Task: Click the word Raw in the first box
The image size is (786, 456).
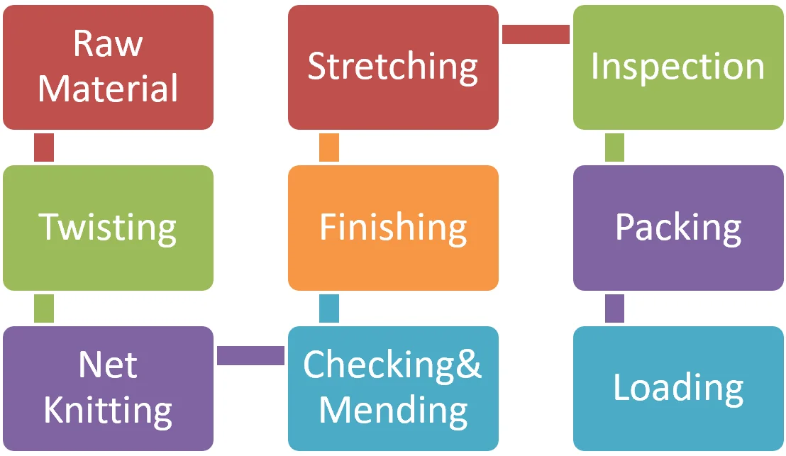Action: (108, 44)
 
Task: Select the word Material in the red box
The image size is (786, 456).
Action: (108, 89)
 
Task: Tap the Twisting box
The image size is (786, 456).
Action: (108, 228)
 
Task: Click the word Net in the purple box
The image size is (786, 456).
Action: (108, 365)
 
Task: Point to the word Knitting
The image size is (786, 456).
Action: (108, 411)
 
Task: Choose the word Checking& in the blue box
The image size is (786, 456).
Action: (392, 365)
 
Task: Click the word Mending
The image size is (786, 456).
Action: (392, 410)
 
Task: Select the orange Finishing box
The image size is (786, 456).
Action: (393, 228)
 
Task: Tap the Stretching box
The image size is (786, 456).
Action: (393, 67)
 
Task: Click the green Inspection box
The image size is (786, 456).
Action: (678, 67)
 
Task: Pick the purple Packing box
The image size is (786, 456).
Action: (678, 228)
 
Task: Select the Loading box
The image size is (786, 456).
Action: (678, 388)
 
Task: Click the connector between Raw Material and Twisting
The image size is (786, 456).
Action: (44, 148)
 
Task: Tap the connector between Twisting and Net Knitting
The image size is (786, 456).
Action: (44, 308)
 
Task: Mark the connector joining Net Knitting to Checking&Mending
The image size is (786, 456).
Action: (250, 355)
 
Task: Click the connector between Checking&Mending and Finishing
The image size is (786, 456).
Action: (329, 308)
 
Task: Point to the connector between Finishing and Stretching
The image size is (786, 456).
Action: (329, 148)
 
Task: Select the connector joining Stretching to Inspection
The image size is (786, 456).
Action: (536, 34)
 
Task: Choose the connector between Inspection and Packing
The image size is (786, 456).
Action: (614, 148)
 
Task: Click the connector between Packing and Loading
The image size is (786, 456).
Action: (614, 308)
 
